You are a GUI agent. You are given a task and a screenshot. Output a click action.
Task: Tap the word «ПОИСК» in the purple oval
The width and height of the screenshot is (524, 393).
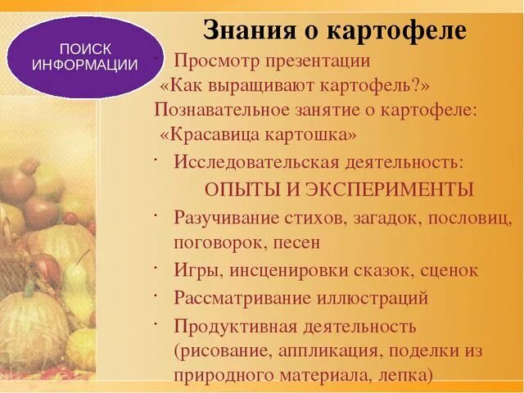85,49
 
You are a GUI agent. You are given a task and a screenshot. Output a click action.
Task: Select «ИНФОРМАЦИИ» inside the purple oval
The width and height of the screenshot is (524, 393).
85,65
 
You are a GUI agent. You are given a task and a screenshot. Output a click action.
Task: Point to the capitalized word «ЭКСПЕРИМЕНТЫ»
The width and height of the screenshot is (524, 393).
390,189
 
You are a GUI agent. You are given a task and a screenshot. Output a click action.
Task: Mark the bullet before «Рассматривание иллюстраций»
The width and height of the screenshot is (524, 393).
155,292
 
